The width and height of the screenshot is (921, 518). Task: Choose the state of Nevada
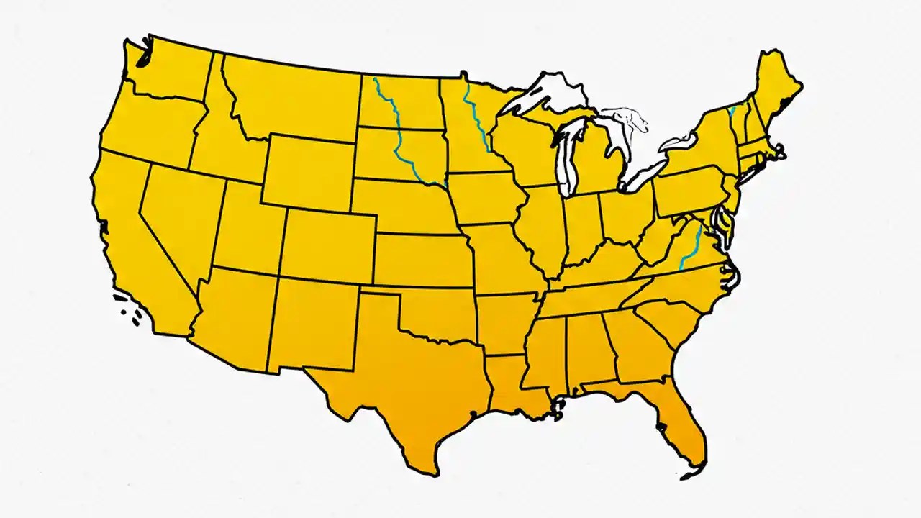click(x=176, y=216)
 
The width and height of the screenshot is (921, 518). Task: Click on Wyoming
click(x=309, y=173)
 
